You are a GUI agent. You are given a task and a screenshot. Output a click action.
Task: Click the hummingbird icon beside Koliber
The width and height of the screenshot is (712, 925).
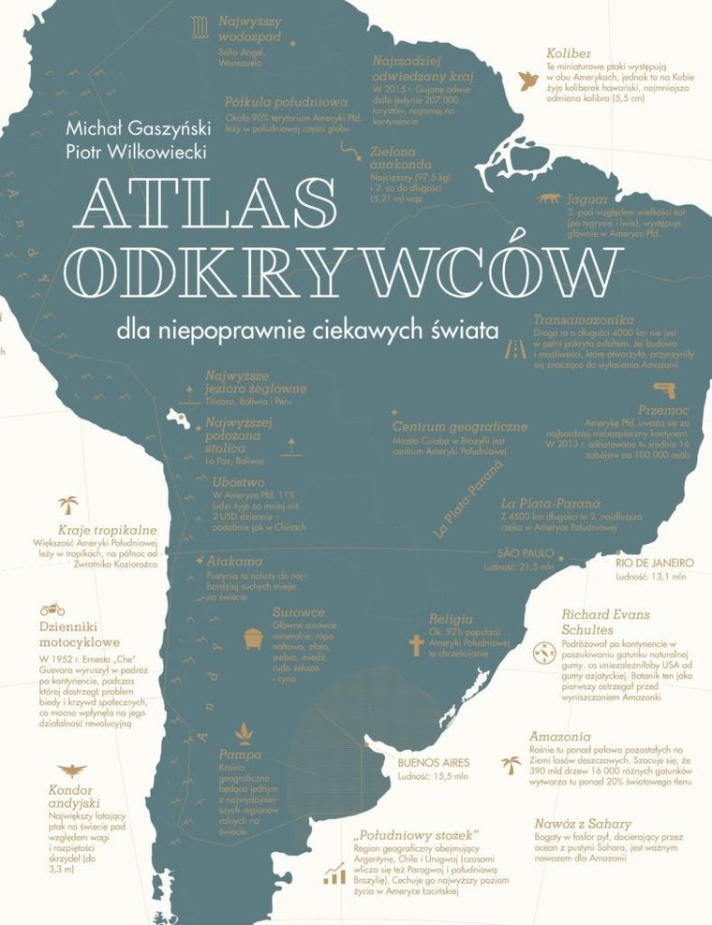click(529, 78)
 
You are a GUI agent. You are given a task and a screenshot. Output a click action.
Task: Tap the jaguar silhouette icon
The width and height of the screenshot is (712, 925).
click(547, 198)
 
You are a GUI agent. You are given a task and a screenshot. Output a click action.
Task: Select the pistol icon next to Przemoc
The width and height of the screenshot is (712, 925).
click(662, 389)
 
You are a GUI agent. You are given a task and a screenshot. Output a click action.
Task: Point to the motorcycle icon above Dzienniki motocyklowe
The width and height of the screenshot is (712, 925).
click(52, 609)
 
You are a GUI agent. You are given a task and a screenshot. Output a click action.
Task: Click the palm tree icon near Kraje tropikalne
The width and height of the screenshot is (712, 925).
click(68, 506)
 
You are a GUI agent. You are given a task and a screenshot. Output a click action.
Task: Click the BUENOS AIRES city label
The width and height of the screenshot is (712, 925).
click(433, 761)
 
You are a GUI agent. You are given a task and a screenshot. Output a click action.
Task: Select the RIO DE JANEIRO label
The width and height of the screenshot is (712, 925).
click(655, 563)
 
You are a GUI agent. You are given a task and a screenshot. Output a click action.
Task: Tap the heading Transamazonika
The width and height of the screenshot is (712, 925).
click(584, 319)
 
